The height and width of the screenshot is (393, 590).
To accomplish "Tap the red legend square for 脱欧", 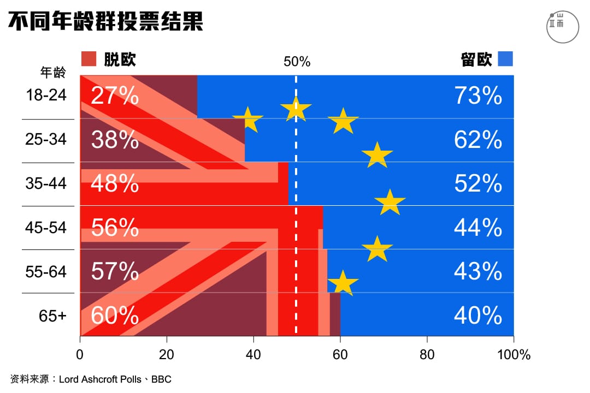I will coord(88,59).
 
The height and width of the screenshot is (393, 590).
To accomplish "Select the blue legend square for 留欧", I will coord(505,59).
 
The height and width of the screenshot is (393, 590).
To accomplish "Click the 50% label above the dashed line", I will coord(297,62).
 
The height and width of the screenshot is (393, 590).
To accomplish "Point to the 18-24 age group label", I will coord(46,96).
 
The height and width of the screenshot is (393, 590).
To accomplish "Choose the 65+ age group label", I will coord(52,315).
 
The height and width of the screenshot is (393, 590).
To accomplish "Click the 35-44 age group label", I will coord(46,183).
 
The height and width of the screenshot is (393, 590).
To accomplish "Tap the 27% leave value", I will coord(115,96).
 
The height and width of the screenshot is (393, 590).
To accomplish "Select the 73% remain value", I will coord(478,96).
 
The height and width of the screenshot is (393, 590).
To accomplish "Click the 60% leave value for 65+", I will coord(115,315).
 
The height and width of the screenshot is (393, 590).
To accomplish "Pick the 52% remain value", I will coord(478,184).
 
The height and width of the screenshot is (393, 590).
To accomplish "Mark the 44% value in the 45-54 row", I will coord(478,228).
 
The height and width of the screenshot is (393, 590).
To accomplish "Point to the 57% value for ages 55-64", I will coord(115,271).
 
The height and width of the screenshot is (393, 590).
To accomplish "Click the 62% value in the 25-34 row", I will coord(478,140).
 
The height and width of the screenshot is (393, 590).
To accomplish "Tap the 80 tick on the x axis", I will coord(427,355).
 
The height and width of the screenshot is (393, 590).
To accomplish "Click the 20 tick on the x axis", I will coord(167,355).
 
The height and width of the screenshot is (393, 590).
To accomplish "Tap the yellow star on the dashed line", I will coord(296,109).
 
